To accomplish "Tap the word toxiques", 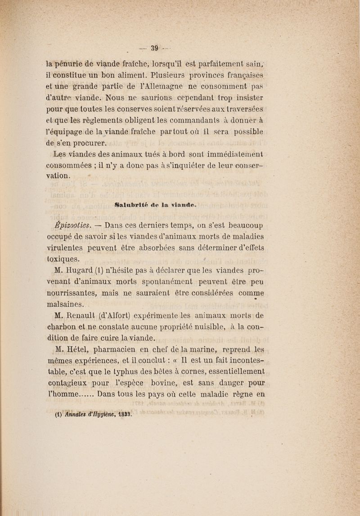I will tap(63, 259).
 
